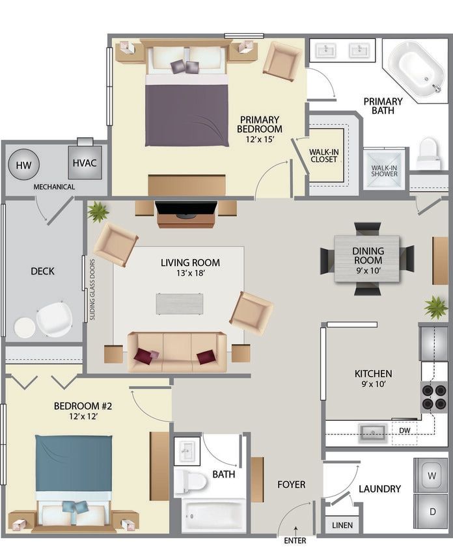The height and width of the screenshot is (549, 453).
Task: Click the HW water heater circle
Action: click(24, 164)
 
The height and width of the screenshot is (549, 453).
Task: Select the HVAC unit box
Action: click(85, 162)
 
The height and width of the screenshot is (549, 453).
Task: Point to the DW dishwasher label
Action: click(404, 430)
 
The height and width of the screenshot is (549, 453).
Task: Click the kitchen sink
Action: click(373, 430)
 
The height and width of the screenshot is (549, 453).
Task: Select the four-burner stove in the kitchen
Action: click(433, 397)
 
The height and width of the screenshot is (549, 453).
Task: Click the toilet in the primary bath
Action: click(428, 154)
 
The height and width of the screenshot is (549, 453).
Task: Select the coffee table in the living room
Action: click(179, 304)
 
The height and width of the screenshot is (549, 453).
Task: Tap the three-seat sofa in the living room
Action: click(177, 352)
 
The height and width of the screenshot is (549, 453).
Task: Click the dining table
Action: click(367, 259)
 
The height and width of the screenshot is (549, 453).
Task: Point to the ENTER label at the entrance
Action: click(295, 540)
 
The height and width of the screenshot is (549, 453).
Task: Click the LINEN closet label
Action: click(339, 525)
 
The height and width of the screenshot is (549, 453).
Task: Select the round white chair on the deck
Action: click(54, 319)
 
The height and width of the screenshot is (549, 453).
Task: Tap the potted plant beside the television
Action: click(98, 211)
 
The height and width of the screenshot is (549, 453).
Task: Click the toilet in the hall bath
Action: click(189, 482)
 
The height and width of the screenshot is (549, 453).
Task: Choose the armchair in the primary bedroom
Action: click(282, 61)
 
